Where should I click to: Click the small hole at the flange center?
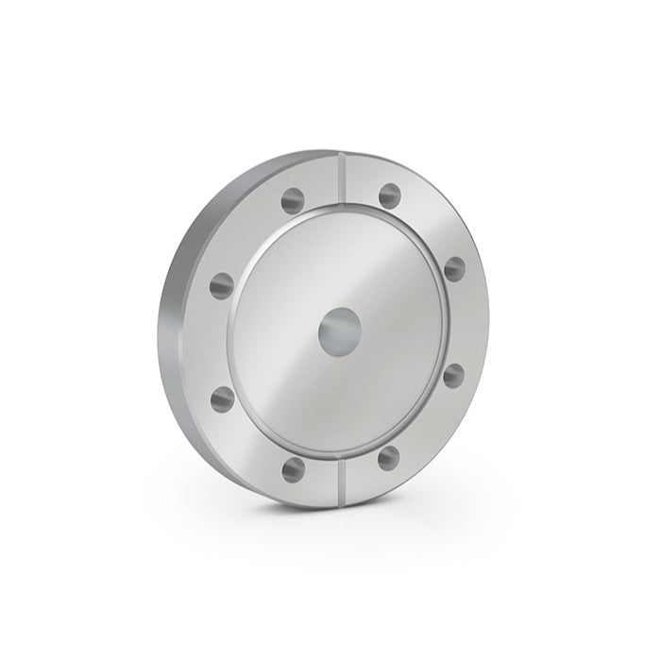tap(337, 333)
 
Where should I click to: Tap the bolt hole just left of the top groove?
tap(293, 199)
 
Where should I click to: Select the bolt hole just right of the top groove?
tap(389, 195)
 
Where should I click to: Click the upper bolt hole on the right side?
tap(454, 267)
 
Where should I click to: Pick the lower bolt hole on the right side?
tap(453, 376)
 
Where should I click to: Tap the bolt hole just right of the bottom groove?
tap(388, 458)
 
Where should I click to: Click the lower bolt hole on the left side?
tap(222, 398)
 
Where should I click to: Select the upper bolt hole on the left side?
tap(222, 283)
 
